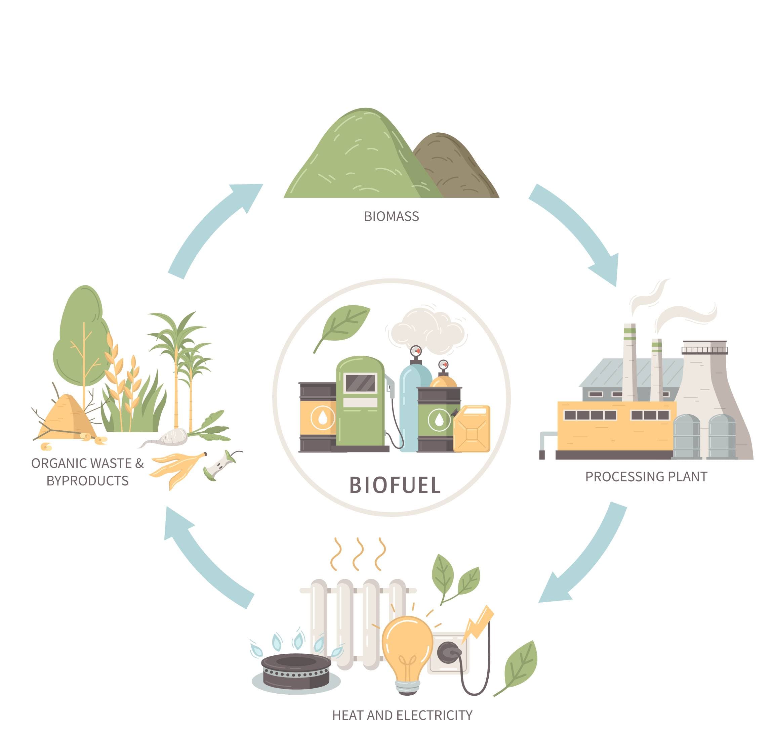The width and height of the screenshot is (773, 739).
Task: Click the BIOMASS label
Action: point(391,216)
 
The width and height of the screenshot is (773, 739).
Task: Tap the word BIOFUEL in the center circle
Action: point(395,485)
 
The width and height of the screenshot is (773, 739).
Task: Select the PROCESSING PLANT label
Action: point(646,477)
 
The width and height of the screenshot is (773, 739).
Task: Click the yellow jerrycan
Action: point(472,429)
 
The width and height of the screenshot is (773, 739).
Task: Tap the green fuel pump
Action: point(360,406)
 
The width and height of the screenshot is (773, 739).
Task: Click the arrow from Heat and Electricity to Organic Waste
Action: point(205,559)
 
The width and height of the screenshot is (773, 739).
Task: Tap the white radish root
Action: point(169,437)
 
